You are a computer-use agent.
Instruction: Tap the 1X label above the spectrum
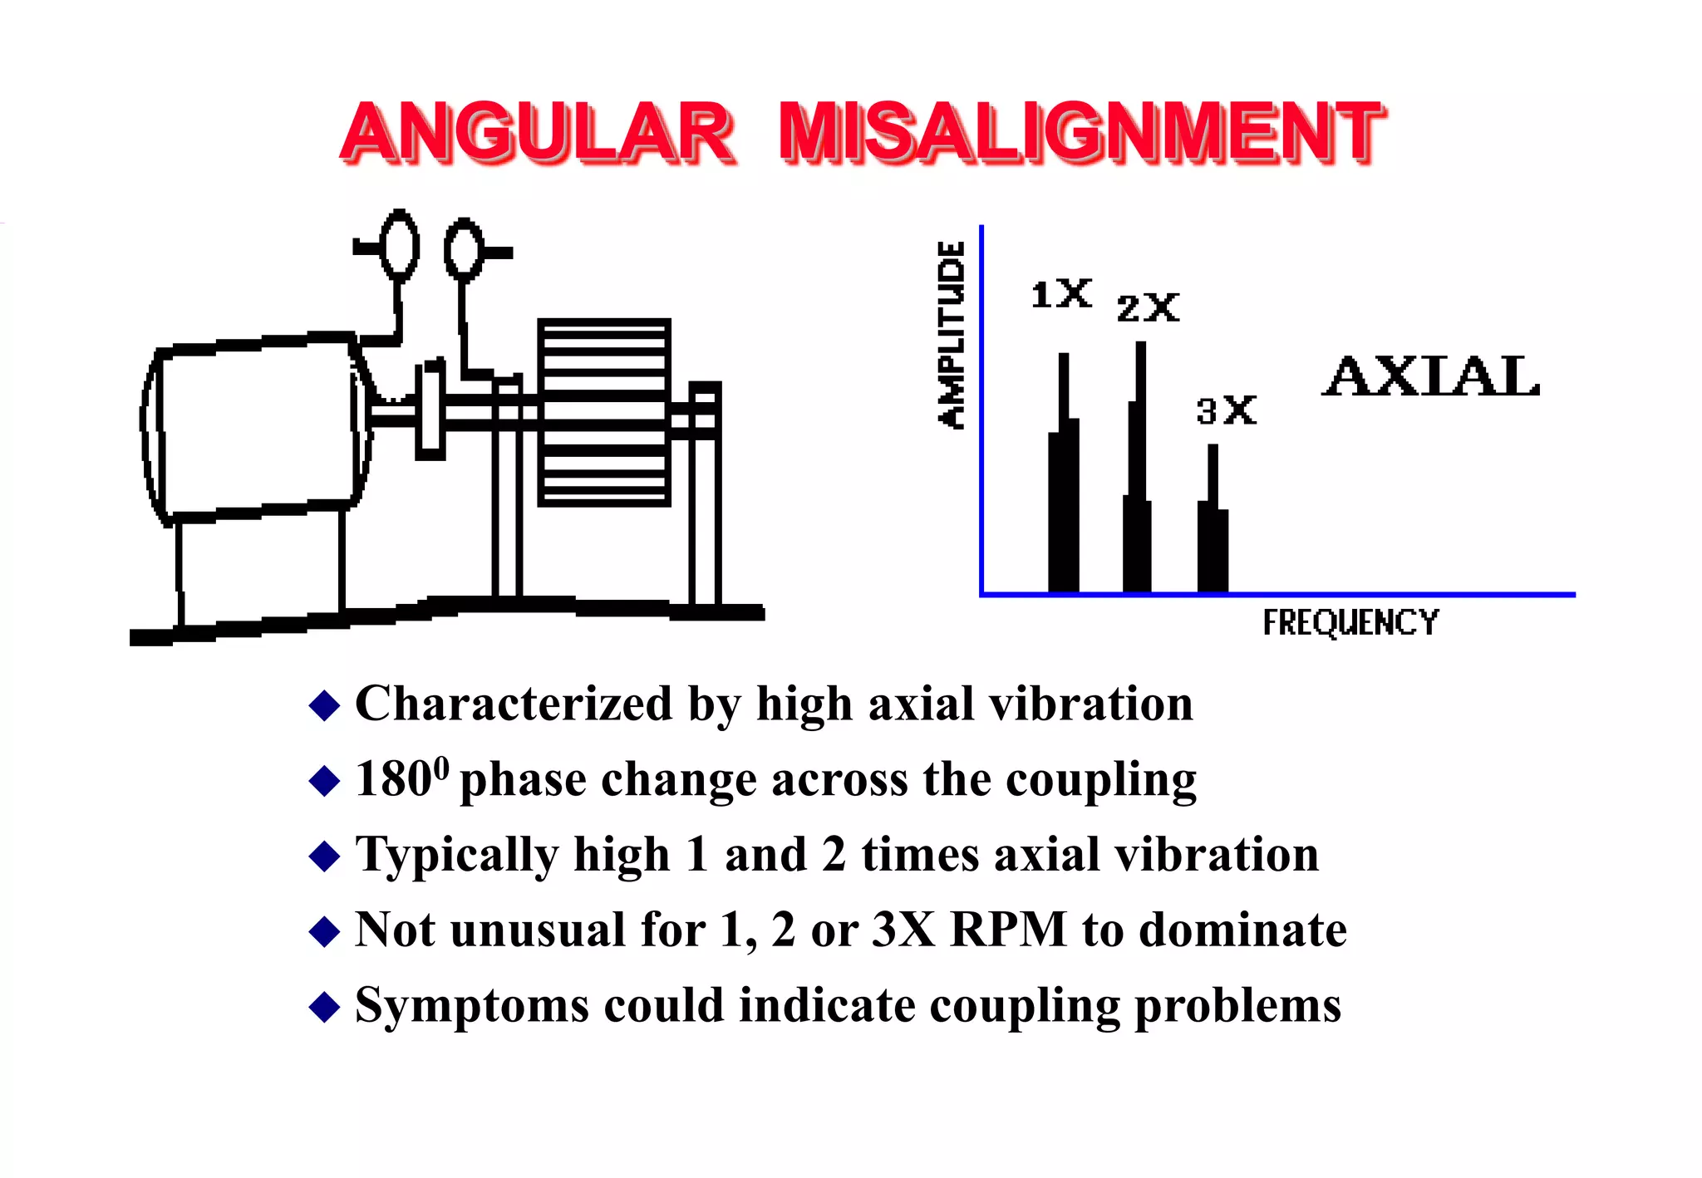pyautogui.click(x=1060, y=294)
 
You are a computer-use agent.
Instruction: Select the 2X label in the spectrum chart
pyautogui.click(x=1148, y=308)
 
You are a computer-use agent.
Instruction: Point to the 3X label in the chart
pyautogui.click(x=1226, y=410)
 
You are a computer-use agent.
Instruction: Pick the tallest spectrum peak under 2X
pyautogui.click(x=1139, y=482)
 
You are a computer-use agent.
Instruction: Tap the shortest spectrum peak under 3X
pyautogui.click(x=1213, y=532)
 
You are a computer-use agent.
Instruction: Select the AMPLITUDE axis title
pyautogui.click(x=952, y=335)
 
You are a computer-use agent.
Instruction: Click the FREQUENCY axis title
pyautogui.click(x=1350, y=622)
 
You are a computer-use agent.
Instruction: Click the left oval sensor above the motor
pyautogui.click(x=399, y=245)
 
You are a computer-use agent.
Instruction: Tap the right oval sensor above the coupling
pyautogui.click(x=463, y=249)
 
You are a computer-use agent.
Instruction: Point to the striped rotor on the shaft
pyautogui.click(x=604, y=412)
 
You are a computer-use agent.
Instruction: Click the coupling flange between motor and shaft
pyautogui.click(x=430, y=409)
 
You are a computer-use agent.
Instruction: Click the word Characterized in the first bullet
pyautogui.click(x=514, y=704)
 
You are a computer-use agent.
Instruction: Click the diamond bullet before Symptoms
pyautogui.click(x=324, y=1007)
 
